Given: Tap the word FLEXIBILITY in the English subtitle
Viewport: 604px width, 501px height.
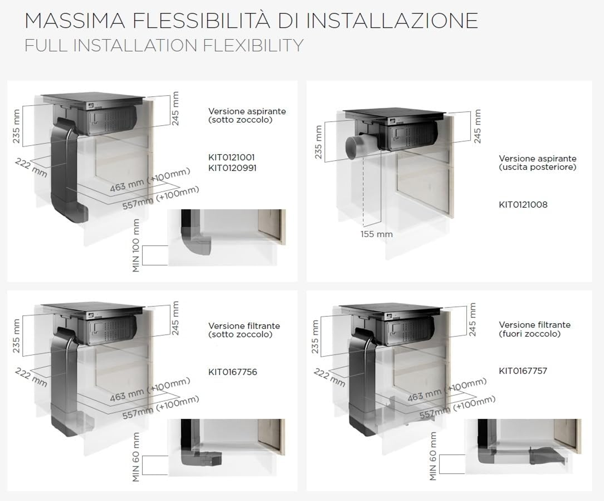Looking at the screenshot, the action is tap(253, 46).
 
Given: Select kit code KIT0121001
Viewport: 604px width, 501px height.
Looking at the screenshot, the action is tap(231, 157).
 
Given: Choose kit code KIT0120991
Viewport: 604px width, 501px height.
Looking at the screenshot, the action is tap(232, 168).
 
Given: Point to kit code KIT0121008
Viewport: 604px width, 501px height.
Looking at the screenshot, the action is tap(523, 205).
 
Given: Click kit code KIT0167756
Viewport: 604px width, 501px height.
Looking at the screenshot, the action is tap(233, 372).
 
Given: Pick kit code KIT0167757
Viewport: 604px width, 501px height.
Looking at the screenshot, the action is tap(523, 371).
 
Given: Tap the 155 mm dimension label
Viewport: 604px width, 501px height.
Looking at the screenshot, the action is tap(376, 234).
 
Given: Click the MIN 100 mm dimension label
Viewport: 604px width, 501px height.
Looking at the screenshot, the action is tap(136, 245).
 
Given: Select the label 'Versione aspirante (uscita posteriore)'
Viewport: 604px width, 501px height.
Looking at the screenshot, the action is tap(538, 163).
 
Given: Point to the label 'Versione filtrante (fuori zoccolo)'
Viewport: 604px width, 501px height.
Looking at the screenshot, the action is tap(535, 329).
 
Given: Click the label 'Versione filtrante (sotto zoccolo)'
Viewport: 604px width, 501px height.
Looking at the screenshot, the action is tap(244, 330).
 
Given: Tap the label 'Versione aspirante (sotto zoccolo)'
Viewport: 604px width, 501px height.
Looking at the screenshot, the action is tap(247, 115).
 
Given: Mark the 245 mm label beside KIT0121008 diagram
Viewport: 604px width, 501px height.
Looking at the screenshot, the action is tap(477, 126).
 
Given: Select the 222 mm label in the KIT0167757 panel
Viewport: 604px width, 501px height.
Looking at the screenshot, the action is tap(330, 377).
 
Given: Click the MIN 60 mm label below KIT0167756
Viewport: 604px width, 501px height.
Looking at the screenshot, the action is tap(136, 457).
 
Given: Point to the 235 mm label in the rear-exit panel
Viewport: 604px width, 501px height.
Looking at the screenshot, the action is tap(318, 142).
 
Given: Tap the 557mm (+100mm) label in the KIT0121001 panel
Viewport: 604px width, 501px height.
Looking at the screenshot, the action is tap(161, 198).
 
